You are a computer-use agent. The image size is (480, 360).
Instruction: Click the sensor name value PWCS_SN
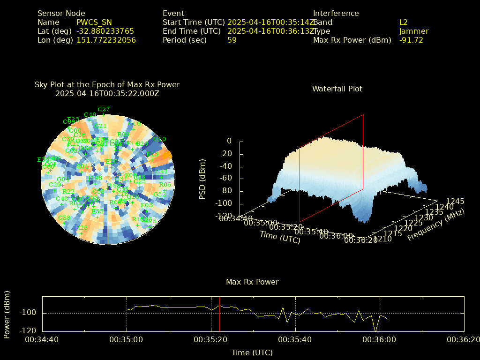pyautogui.click(x=94, y=22)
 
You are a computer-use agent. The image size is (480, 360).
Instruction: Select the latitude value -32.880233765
pyautogui.click(x=105, y=31)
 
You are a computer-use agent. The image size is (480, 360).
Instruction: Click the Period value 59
pyautogui.click(x=232, y=40)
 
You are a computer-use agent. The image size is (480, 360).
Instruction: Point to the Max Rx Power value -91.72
pyautogui.click(x=411, y=40)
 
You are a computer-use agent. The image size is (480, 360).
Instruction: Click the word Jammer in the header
pyautogui.click(x=414, y=31)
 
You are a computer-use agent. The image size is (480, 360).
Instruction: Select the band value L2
pyautogui.click(x=404, y=22)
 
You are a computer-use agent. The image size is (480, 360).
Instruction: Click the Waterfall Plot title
pyautogui.click(x=337, y=89)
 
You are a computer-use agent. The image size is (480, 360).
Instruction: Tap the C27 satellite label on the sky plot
pyautogui.click(x=104, y=109)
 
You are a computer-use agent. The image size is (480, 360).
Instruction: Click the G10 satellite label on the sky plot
pyautogui.click(x=160, y=139)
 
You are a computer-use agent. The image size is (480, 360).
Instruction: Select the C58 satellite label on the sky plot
pyautogui.click(x=64, y=218)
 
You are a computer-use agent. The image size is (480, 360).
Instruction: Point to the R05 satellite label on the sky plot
pyautogui.click(x=165, y=184)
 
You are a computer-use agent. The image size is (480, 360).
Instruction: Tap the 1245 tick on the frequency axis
pyautogui.click(x=455, y=201)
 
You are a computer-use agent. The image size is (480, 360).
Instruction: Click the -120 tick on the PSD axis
pyautogui.click(x=223, y=216)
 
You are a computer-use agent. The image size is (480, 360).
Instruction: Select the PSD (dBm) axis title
pyautogui.click(x=202, y=178)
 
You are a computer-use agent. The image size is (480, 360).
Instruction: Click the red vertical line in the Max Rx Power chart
pyautogui.click(x=219, y=314)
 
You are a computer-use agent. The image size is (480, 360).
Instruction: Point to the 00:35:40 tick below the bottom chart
pyautogui.click(x=295, y=339)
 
